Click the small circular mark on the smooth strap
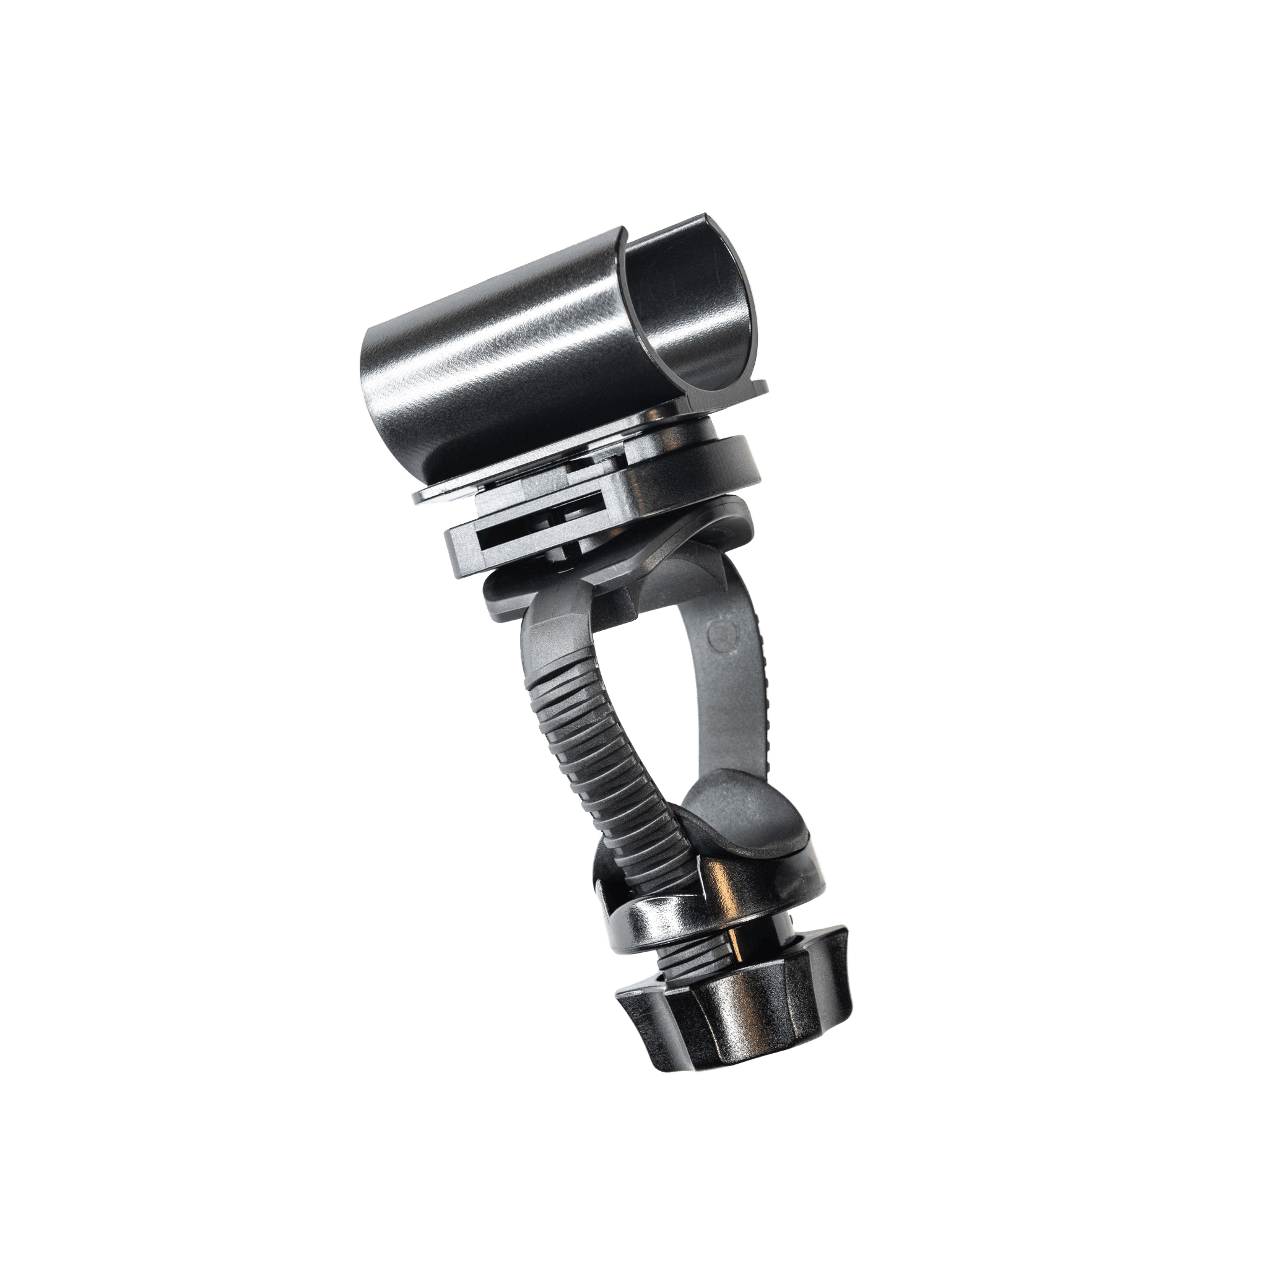coord(724,635)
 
